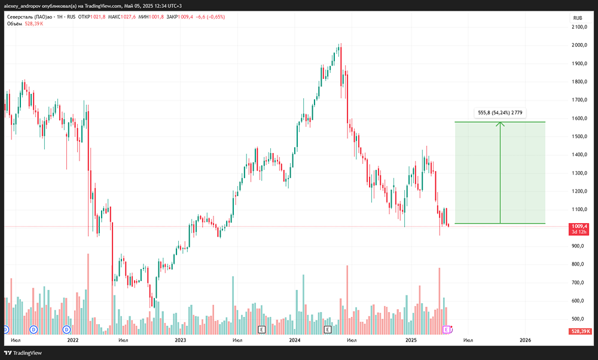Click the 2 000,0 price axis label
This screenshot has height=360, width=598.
[x=579, y=45]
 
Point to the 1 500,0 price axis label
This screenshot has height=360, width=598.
[x=579, y=136]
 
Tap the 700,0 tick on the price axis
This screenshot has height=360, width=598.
[x=578, y=283]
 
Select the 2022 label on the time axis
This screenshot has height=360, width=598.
[x=72, y=340]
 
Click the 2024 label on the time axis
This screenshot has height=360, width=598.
[x=295, y=340]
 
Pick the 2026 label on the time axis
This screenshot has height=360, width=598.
[x=525, y=340]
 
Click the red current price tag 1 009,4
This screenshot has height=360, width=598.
[x=579, y=229]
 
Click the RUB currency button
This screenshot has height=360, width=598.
[x=578, y=18]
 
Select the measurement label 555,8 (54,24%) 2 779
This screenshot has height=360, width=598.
[x=500, y=112]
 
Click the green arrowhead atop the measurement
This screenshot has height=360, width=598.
[x=500, y=124]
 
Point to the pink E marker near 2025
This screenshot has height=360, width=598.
[x=446, y=330]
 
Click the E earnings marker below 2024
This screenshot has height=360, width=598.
[x=328, y=330]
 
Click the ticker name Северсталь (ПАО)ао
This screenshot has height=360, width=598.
[x=30, y=17]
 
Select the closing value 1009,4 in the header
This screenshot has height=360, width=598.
[x=186, y=17]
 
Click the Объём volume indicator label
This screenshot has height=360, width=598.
[x=14, y=24]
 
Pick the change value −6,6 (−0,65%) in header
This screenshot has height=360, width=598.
[x=210, y=17]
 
